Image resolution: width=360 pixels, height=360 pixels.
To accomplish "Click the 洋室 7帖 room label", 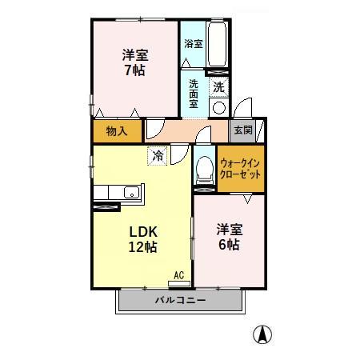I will (134, 62).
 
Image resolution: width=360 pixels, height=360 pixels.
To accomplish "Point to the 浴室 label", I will (193, 43).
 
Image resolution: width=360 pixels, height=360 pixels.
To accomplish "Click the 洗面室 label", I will (194, 94).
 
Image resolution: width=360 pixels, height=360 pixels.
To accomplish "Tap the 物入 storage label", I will (117, 130).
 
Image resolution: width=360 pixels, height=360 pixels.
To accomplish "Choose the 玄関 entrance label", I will (242, 130).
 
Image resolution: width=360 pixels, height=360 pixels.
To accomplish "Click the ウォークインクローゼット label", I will (241, 169).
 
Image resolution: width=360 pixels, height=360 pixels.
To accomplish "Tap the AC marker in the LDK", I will (179, 275).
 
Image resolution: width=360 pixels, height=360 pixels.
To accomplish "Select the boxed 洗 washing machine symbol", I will (218, 85).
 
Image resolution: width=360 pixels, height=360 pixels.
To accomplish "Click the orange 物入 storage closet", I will (117, 130).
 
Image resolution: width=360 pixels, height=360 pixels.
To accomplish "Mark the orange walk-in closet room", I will (242, 169).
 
